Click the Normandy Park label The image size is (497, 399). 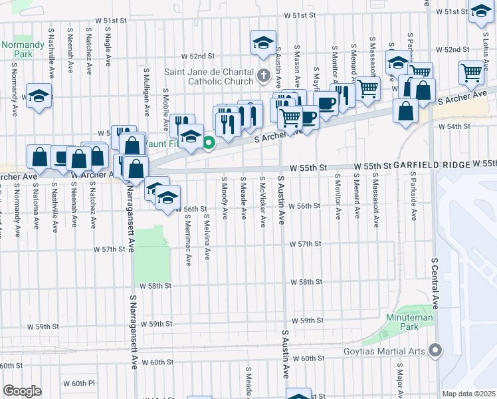click(17, 49)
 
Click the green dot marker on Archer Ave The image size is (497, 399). click(209, 142)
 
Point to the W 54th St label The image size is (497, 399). click(470, 126)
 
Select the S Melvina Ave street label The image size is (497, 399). click(207, 236)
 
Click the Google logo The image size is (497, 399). click(22, 390)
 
